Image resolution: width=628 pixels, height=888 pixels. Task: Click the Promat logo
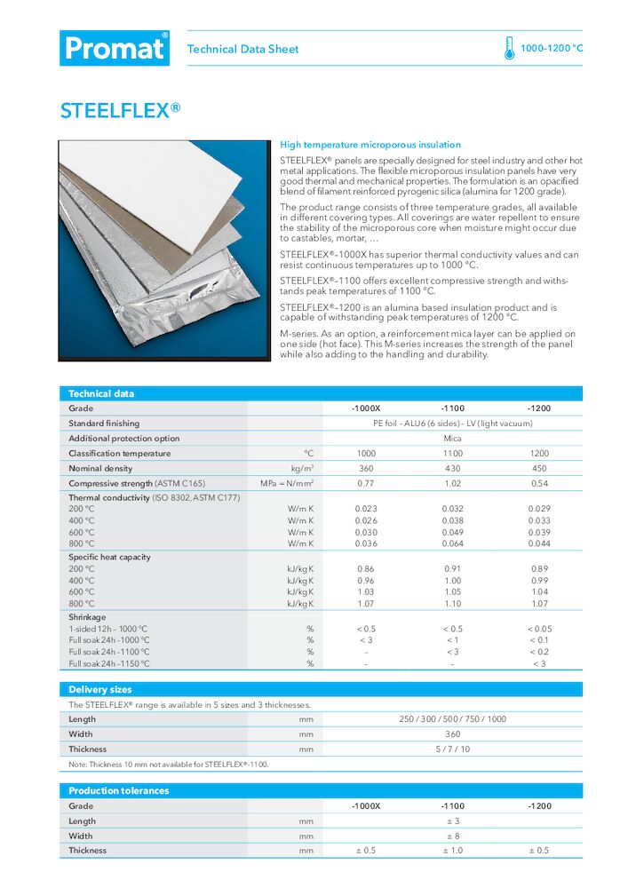coord(115,48)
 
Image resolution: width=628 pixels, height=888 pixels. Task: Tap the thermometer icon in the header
coord(509,48)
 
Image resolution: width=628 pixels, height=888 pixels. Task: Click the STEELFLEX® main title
coord(120,110)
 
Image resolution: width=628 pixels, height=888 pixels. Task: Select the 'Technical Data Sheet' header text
coord(242,49)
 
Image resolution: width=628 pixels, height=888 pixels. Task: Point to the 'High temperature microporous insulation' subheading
coord(370,144)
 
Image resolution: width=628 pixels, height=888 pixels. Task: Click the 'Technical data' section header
coord(101,393)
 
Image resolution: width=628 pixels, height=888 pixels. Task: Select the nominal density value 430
coord(452,468)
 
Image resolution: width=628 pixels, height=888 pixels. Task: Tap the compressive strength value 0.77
coord(366,483)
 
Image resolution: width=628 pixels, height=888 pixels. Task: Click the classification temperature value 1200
coord(538,453)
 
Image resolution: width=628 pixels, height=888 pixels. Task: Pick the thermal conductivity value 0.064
coord(452,543)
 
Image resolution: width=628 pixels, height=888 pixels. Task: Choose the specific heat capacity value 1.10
coord(452,603)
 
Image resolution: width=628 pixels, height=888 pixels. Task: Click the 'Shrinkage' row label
coord(87,616)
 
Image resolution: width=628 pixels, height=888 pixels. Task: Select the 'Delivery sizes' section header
coord(100,689)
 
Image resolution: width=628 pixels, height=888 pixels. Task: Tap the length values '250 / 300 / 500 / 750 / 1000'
coord(452,719)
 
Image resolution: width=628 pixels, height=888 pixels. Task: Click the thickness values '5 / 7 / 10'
coord(452,749)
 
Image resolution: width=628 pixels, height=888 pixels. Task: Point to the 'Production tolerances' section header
coord(118,790)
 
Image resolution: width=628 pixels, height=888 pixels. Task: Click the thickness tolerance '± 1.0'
coord(452,851)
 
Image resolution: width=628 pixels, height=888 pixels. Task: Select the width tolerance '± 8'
coord(452,836)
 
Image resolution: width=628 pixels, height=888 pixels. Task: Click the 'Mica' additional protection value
coord(452,438)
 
